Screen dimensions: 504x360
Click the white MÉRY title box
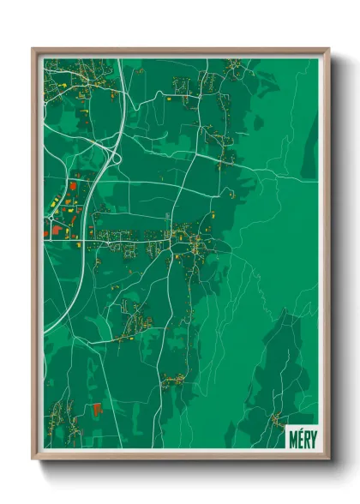pos(300,435)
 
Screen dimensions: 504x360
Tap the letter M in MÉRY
pos(291,435)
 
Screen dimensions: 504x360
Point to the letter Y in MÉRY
pos(309,435)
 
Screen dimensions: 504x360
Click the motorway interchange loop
pos(109,153)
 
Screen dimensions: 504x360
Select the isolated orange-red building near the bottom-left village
pos(98,409)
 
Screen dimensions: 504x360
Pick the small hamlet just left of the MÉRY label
pos(275,419)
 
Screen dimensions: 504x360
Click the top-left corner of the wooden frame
pos(33,49)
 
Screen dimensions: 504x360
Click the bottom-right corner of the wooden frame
pos(329,459)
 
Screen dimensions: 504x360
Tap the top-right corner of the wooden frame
pos(329,49)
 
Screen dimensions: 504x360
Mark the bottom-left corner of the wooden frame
pos(33,459)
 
